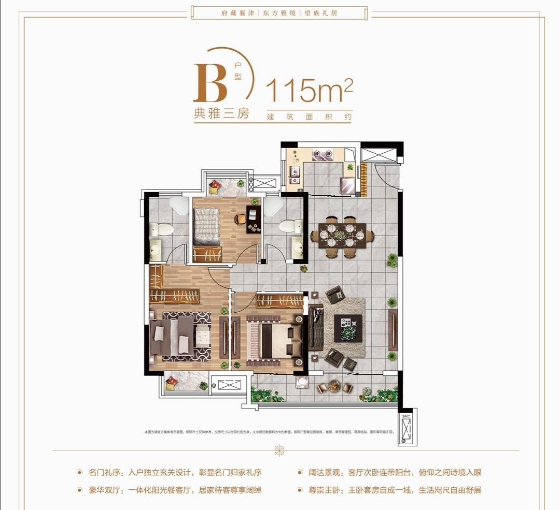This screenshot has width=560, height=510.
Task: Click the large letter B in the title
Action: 210,83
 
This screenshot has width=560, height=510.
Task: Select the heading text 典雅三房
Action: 221,113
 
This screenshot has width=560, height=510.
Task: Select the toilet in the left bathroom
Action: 165,228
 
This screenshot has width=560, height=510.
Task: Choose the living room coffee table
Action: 348,328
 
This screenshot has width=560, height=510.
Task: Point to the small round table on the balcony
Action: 334,386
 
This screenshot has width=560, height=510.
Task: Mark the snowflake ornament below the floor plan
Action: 280,450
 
